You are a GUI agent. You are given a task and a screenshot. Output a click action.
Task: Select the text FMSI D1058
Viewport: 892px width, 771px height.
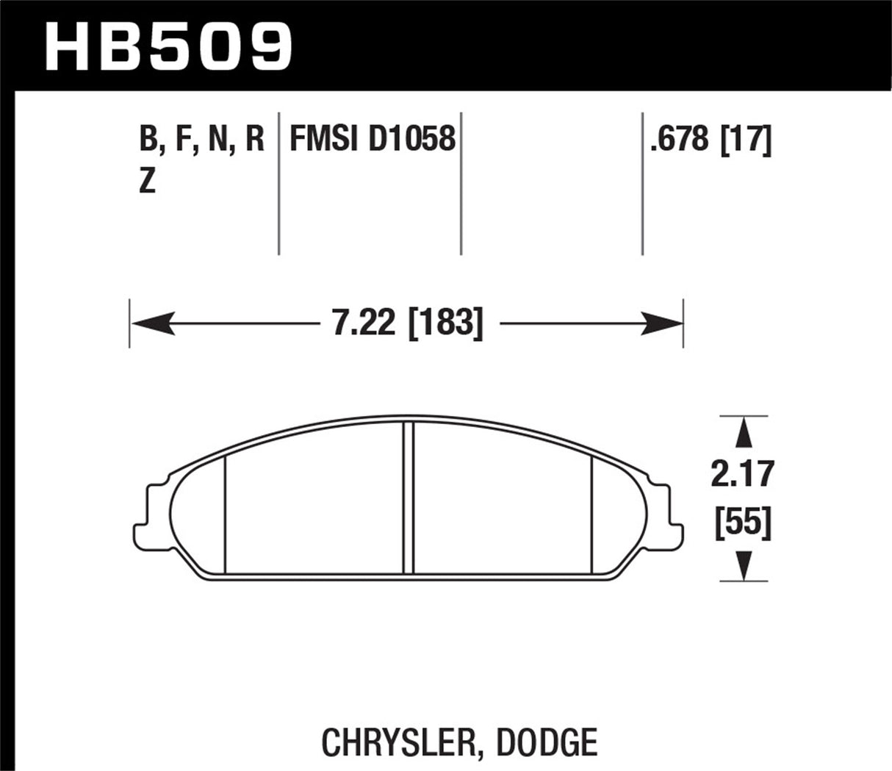[x=373, y=139]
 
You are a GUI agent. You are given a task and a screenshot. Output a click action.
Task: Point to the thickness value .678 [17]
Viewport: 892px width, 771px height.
[x=711, y=139]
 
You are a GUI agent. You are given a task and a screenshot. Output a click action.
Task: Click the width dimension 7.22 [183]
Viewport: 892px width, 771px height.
[x=408, y=323]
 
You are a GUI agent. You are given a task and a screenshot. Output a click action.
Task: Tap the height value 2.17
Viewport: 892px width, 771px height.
[x=743, y=474]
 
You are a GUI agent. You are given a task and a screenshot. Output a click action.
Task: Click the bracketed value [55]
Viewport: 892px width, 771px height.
[x=743, y=525]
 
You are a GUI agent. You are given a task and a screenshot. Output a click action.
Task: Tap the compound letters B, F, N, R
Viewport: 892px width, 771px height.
[x=201, y=139]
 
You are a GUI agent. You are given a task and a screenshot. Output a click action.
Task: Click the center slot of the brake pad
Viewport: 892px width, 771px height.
[x=409, y=498]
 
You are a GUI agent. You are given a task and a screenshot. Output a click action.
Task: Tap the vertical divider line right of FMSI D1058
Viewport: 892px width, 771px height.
[x=461, y=184]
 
